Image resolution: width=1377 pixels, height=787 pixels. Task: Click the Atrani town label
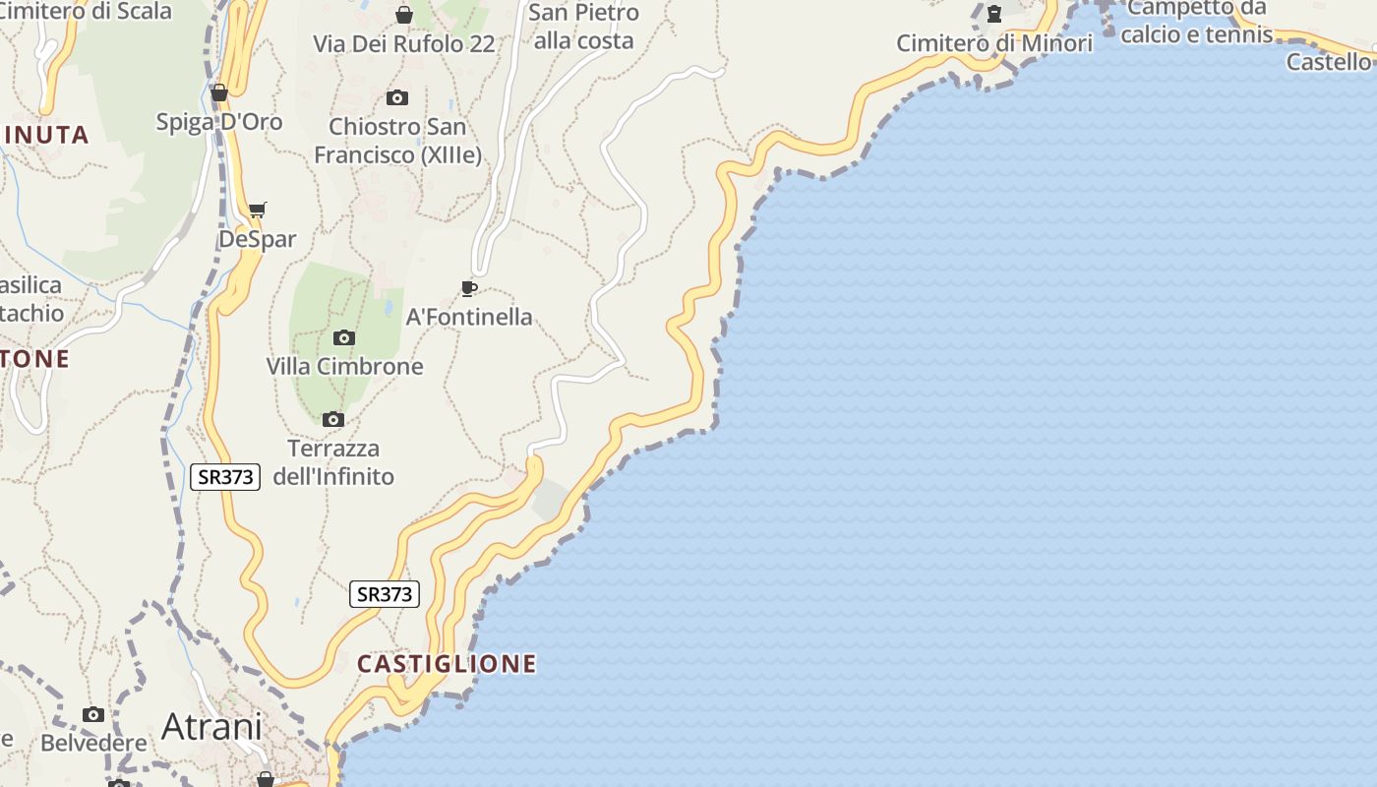[211, 727]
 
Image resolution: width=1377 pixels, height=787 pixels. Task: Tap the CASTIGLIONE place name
[447, 664]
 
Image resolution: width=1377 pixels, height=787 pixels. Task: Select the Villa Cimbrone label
[344, 366]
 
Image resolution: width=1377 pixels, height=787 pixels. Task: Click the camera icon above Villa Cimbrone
[343, 337]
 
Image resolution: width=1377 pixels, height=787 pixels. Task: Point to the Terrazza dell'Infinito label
[332, 462]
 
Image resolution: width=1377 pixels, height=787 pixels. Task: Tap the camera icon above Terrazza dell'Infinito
[333, 420]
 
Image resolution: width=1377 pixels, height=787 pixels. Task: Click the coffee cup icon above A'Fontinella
[469, 288]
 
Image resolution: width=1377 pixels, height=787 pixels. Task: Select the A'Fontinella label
[469, 317]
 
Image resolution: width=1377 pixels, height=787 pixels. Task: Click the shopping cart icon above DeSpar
[257, 210]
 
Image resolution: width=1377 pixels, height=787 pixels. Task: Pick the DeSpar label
[257, 239]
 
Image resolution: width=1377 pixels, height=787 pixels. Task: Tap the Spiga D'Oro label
[219, 122]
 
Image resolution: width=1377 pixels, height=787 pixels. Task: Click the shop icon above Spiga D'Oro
[219, 93]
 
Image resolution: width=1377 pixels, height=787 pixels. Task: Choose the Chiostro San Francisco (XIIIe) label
[397, 141]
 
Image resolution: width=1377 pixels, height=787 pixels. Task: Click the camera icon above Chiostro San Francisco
[397, 97]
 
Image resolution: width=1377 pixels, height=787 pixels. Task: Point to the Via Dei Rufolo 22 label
[404, 44]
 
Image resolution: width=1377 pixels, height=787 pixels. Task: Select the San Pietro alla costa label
[583, 27]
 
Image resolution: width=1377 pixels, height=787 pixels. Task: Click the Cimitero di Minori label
[994, 43]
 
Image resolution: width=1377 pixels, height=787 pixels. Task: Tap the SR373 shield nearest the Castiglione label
[385, 594]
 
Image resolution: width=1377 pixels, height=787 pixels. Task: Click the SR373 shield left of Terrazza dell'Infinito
[225, 477]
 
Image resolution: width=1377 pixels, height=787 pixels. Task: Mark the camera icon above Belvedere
[93, 715]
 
